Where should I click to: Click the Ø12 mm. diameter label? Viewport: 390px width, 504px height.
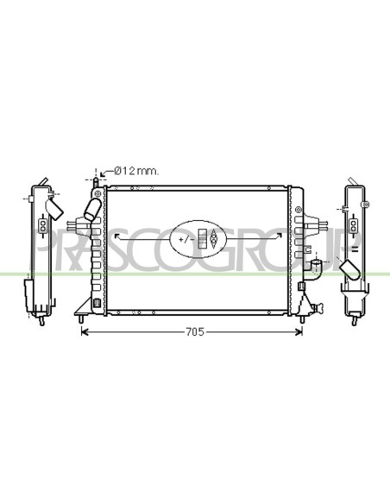[136, 171]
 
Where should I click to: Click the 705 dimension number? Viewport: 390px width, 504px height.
[195, 331]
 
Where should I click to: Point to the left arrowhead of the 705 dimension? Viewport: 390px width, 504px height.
[85, 331]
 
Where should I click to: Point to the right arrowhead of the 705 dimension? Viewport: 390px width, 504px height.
[299, 331]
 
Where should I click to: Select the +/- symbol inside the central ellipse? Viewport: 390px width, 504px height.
[186, 239]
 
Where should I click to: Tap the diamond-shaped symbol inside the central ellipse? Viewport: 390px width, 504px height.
[213, 239]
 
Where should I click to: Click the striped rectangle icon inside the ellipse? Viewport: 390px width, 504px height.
[203, 239]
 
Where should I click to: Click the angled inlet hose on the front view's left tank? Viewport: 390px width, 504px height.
[91, 209]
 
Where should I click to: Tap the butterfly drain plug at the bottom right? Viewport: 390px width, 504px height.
[318, 308]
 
